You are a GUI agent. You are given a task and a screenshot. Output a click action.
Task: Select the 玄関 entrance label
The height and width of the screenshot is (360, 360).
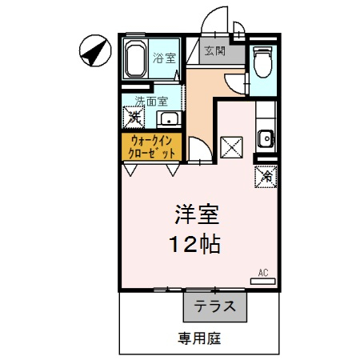214,51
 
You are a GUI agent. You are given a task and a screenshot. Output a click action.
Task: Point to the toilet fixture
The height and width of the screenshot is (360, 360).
262,62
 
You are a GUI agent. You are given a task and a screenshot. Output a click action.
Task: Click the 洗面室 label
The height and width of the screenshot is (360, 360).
150,102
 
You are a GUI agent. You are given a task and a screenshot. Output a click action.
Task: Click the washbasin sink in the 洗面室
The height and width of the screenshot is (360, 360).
169,120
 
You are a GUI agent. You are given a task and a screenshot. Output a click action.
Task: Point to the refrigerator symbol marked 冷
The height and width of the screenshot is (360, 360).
265,174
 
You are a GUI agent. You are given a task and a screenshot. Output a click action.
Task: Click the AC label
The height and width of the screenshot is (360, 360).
262,273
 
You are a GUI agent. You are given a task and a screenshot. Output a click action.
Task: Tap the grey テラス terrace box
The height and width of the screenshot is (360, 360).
215,306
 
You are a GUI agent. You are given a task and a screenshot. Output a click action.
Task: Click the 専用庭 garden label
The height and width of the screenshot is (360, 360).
199,338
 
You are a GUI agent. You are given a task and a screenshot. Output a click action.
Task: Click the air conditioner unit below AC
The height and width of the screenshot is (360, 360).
262,281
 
